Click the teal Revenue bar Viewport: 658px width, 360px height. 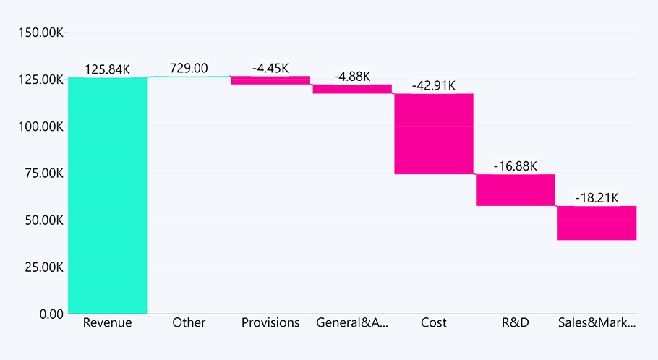107,195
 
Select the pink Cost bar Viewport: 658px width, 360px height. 433,134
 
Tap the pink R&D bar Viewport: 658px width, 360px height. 515,190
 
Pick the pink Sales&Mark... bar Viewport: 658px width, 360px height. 597,223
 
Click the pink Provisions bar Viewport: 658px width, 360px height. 270,80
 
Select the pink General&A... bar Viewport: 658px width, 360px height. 352,89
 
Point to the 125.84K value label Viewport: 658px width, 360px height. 107,69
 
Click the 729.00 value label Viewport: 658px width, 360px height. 189,68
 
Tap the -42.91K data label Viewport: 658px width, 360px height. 434,85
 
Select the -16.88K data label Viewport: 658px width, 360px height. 516,166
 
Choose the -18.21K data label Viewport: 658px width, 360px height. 597,197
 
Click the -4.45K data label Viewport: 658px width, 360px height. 270,68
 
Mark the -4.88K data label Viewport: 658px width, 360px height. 352,76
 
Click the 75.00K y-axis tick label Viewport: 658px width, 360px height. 42,173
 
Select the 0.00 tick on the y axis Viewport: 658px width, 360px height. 51,314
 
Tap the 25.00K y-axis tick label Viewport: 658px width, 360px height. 42,267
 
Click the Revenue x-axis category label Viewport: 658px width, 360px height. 107,323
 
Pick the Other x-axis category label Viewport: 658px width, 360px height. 189,323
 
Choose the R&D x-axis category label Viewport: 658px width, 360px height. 515,323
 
